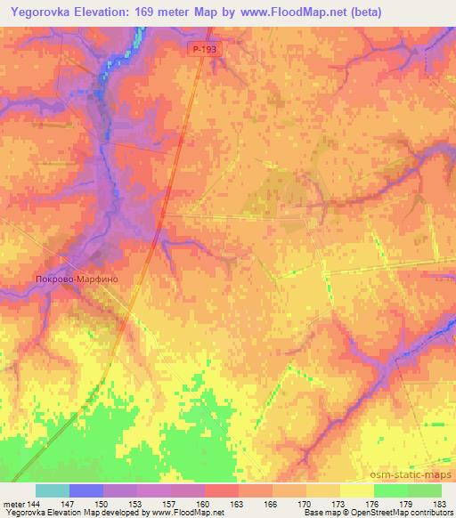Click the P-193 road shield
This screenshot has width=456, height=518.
(202, 53)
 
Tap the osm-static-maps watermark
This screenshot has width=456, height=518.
(417, 474)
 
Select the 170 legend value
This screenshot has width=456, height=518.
(305, 505)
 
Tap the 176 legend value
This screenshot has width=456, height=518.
(373, 505)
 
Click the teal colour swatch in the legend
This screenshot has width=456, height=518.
(53, 490)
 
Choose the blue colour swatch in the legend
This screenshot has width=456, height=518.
(86, 490)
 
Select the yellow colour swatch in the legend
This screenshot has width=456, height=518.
(357, 490)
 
